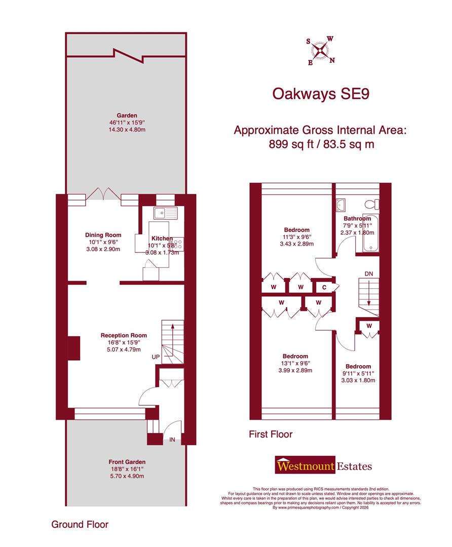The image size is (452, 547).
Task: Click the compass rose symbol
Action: coord(320,51)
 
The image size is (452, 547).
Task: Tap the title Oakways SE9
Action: coord(320,94)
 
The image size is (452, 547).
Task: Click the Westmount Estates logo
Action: coord(323,465)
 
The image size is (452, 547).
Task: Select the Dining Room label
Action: coord(103,235)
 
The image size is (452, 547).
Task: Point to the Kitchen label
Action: coord(162,238)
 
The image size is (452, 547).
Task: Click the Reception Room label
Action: coord(124,335)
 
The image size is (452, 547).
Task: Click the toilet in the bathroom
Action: coord(373,204)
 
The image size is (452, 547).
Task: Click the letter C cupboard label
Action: coord(324,287)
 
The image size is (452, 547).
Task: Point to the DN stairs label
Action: coord(369,274)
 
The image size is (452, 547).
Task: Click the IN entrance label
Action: coord(172,440)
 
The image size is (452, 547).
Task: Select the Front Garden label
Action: coord(127,462)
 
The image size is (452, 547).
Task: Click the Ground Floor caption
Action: coord(80,524)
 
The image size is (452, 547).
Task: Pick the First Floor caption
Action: coord(271,434)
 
